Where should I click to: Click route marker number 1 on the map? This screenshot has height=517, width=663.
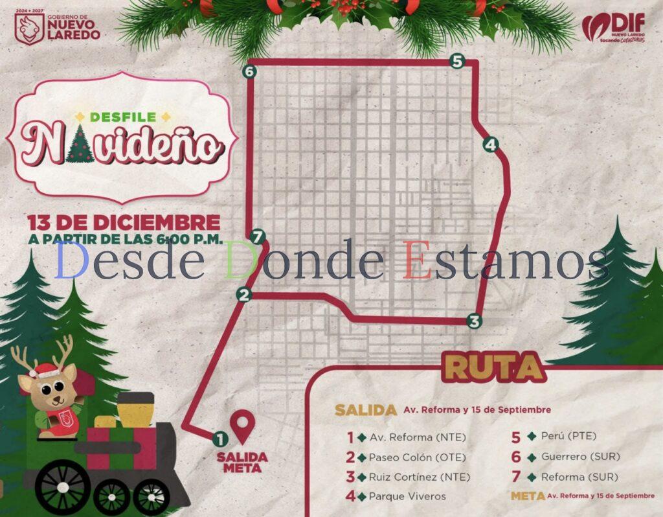click(220, 439)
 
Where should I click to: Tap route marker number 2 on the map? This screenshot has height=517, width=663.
click(243, 295)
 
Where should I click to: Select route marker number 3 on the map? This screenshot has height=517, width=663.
click(475, 321)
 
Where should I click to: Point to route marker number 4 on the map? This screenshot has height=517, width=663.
click(490, 144)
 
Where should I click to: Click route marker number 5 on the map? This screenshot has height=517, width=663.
click(457, 62)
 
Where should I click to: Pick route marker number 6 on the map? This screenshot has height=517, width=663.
click(249, 71)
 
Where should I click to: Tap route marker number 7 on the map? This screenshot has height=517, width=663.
click(258, 236)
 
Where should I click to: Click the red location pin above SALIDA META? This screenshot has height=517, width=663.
click(242, 425)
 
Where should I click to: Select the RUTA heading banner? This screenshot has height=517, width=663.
click(495, 368)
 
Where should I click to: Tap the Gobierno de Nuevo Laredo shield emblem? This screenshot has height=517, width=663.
click(29, 28)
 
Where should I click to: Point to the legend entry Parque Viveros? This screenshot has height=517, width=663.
click(407, 496)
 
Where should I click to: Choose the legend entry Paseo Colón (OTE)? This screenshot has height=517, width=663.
click(416, 457)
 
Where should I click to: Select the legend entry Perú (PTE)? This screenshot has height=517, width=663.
click(568, 436)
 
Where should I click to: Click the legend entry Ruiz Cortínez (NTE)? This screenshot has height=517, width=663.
click(419, 477)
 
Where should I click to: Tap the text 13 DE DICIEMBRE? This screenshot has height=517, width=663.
click(119, 222)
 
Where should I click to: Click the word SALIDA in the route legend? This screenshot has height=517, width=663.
click(365, 410)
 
